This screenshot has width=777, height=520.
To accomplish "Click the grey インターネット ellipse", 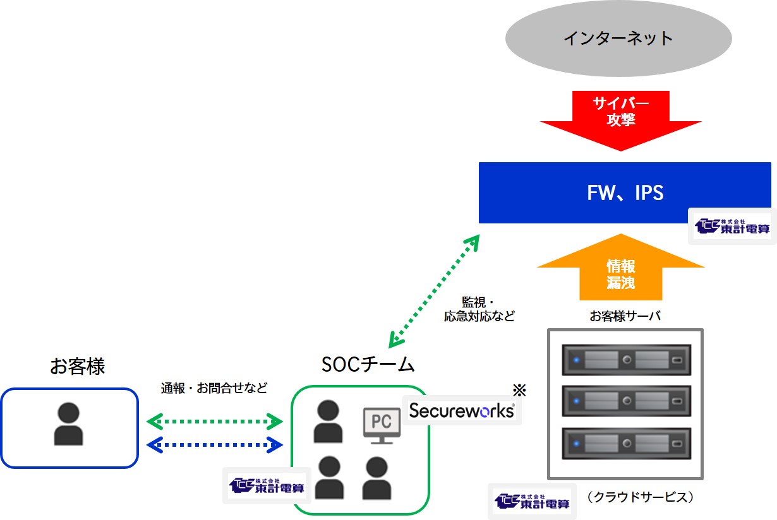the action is [x=618, y=38].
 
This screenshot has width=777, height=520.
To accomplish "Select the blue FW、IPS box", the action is [x=625, y=192].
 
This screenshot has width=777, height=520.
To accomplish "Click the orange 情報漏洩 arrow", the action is [x=621, y=268].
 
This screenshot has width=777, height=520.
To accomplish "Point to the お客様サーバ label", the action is [x=625, y=316].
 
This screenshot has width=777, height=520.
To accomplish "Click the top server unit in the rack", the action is [x=627, y=360].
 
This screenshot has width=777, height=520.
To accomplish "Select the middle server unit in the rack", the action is [x=627, y=401].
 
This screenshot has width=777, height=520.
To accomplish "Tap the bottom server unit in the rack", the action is [x=627, y=444].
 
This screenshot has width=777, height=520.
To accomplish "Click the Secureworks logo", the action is [x=462, y=411].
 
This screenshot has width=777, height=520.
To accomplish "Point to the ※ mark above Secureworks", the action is [x=519, y=390].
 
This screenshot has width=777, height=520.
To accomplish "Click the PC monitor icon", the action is [x=382, y=426].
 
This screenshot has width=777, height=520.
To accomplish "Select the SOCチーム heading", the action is [x=368, y=365].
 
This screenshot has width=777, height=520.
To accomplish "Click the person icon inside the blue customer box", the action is [x=69, y=423].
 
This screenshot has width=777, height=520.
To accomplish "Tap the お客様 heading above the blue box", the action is [x=77, y=366].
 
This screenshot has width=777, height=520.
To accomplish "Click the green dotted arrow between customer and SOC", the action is [x=214, y=422].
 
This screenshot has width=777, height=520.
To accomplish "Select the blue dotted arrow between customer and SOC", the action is [x=214, y=445].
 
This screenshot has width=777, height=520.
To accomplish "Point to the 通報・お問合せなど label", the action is [x=214, y=388].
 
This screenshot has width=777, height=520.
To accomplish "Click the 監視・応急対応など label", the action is [x=479, y=309].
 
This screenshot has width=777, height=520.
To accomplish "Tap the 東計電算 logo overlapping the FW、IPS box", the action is [x=732, y=226].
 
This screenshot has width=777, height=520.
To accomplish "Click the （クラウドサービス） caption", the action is [x=641, y=497].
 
